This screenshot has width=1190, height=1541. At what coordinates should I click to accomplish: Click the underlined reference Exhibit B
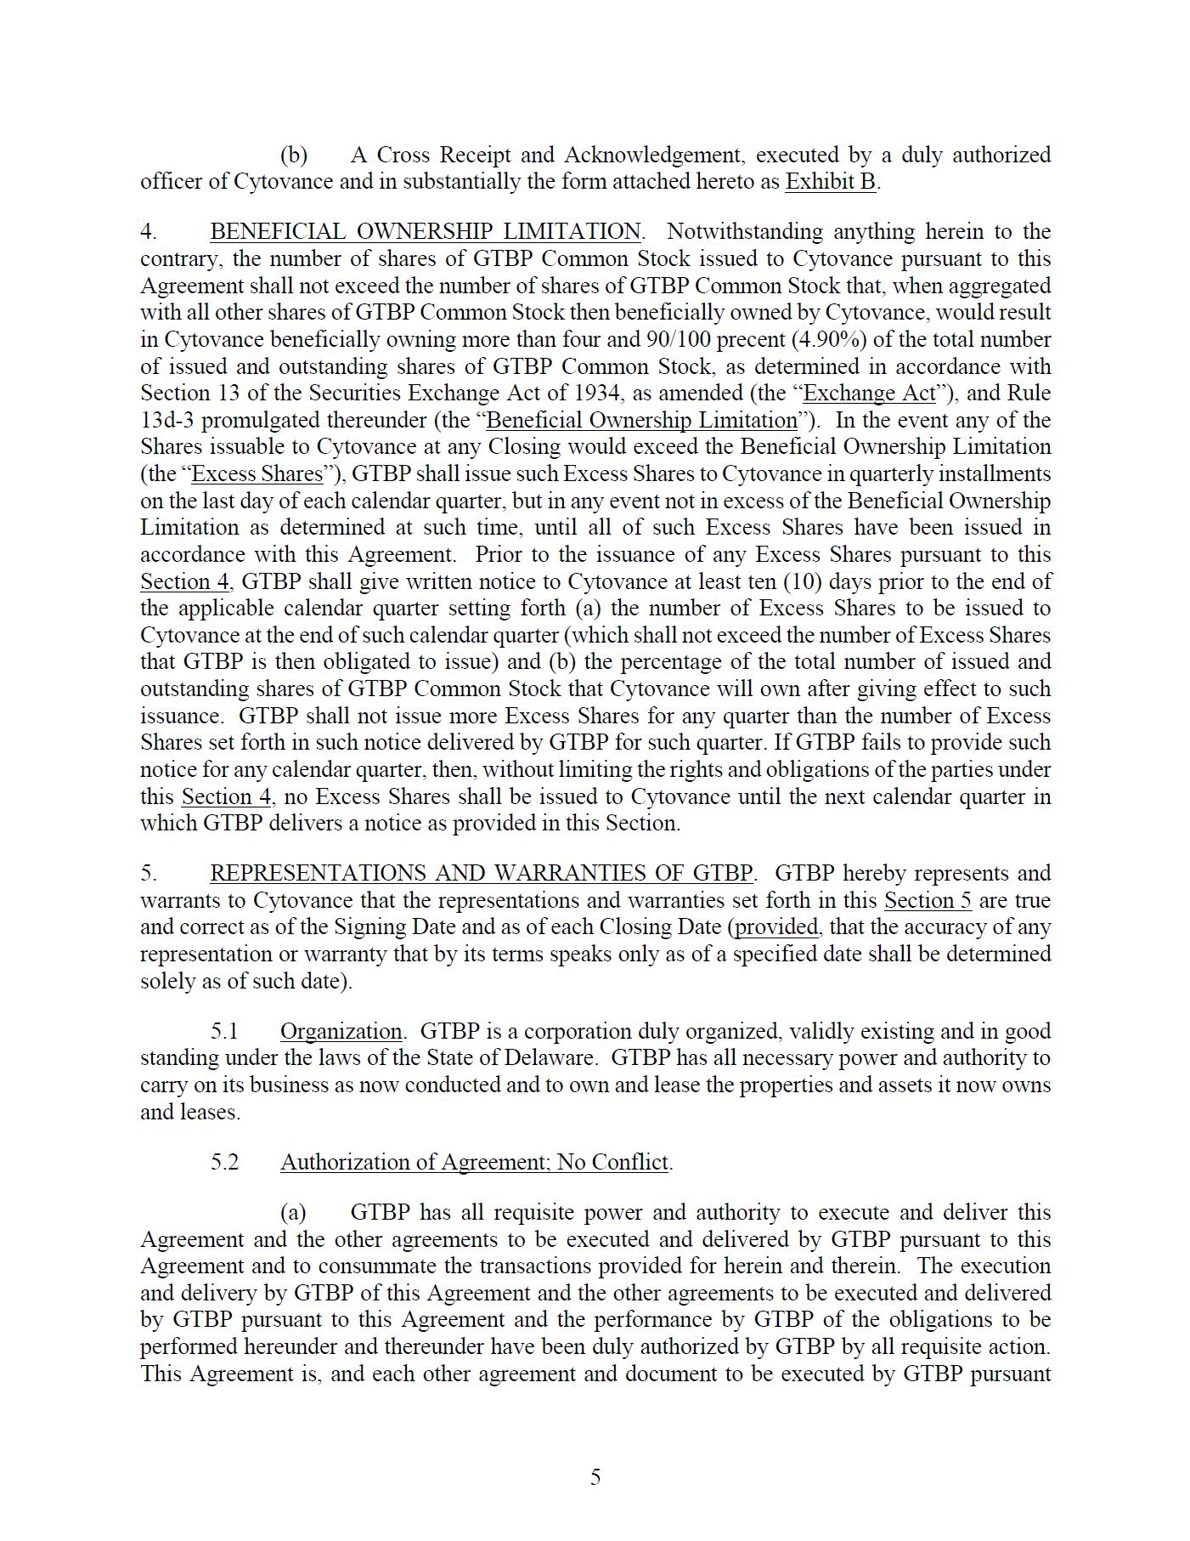pos(830,182)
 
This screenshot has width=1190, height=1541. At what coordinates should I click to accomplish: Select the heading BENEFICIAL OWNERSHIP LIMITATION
pos(426,232)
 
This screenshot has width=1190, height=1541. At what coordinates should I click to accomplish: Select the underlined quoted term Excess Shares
pos(257,474)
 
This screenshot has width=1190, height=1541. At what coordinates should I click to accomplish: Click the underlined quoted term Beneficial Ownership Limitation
pos(641,421)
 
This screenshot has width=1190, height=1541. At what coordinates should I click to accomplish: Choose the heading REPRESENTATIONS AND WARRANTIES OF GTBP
pos(481,874)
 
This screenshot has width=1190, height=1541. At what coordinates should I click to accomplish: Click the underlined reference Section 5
pos(928,901)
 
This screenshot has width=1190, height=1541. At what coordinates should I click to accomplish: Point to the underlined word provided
pos(776,927)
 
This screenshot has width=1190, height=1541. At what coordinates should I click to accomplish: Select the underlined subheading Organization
pos(341,1032)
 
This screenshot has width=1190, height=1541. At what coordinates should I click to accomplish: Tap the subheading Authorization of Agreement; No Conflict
pos(475,1163)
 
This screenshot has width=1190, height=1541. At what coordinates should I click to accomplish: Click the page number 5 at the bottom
pos(595,1477)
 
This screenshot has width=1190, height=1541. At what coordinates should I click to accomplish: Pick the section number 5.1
pos(225,1032)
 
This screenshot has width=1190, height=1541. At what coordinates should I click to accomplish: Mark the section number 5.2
pos(225,1163)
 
